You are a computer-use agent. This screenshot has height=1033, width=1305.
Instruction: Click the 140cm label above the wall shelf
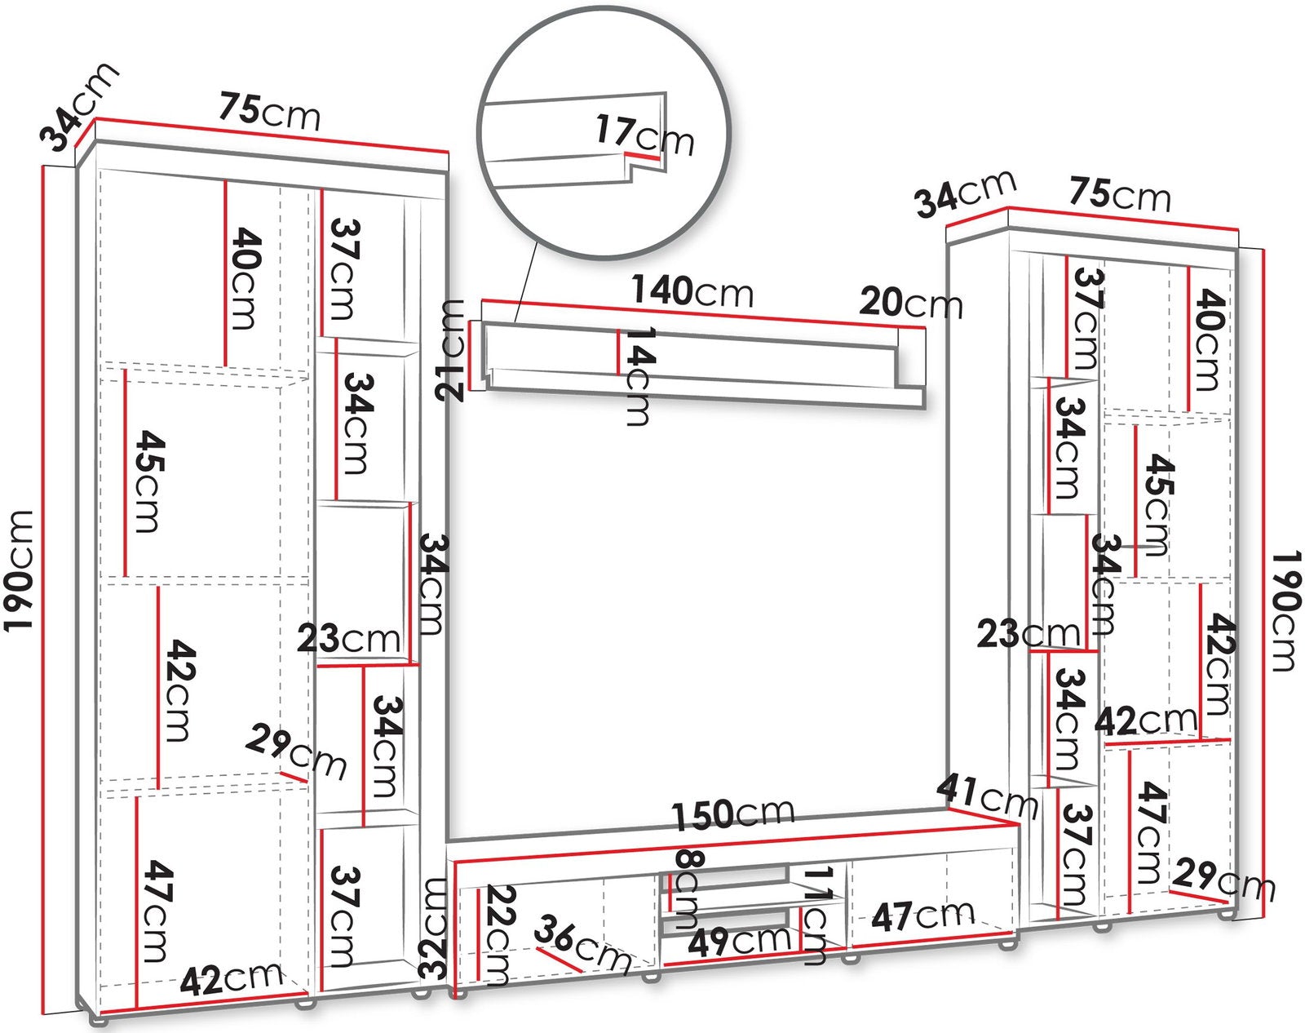pos(692,291)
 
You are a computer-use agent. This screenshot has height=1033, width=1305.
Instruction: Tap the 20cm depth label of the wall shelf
pos(911,304)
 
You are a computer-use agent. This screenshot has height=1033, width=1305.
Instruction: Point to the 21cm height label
pos(452,350)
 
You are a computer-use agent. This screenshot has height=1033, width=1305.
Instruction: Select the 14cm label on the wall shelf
pos(639,377)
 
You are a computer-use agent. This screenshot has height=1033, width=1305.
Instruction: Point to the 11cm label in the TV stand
pos(816,916)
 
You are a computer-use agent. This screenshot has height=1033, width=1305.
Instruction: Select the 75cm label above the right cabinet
pos(1120,194)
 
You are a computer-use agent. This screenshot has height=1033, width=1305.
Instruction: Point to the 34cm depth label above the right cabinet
pos(966,194)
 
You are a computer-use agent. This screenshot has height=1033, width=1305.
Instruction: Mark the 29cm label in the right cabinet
pos(1223,880)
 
